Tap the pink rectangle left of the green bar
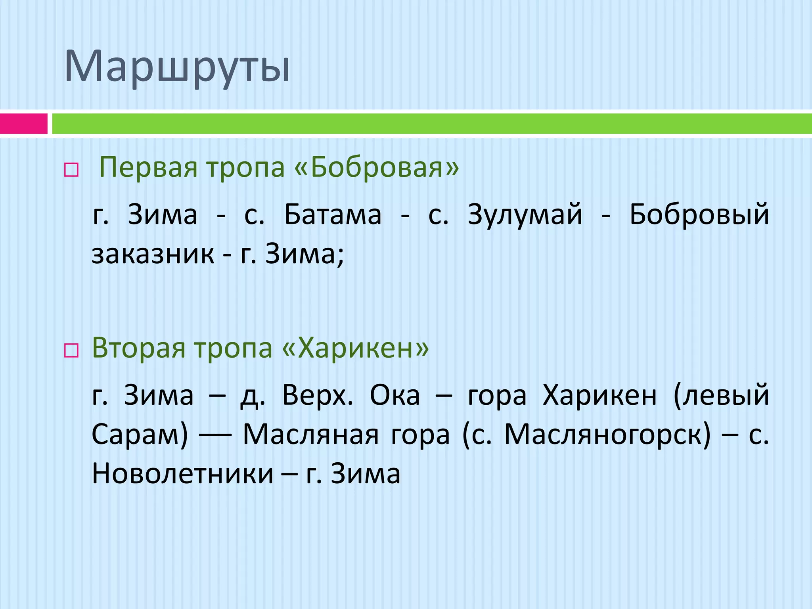click(23, 124)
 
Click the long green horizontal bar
click(431, 124)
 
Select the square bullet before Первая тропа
click(71, 170)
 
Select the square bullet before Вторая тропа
click(71, 351)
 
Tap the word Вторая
click(138, 348)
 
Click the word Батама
click(333, 214)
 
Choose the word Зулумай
click(525, 214)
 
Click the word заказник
click(153, 254)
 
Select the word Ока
click(395, 395)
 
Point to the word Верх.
click(317, 395)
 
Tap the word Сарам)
click(140, 434)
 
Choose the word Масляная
click(311, 434)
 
